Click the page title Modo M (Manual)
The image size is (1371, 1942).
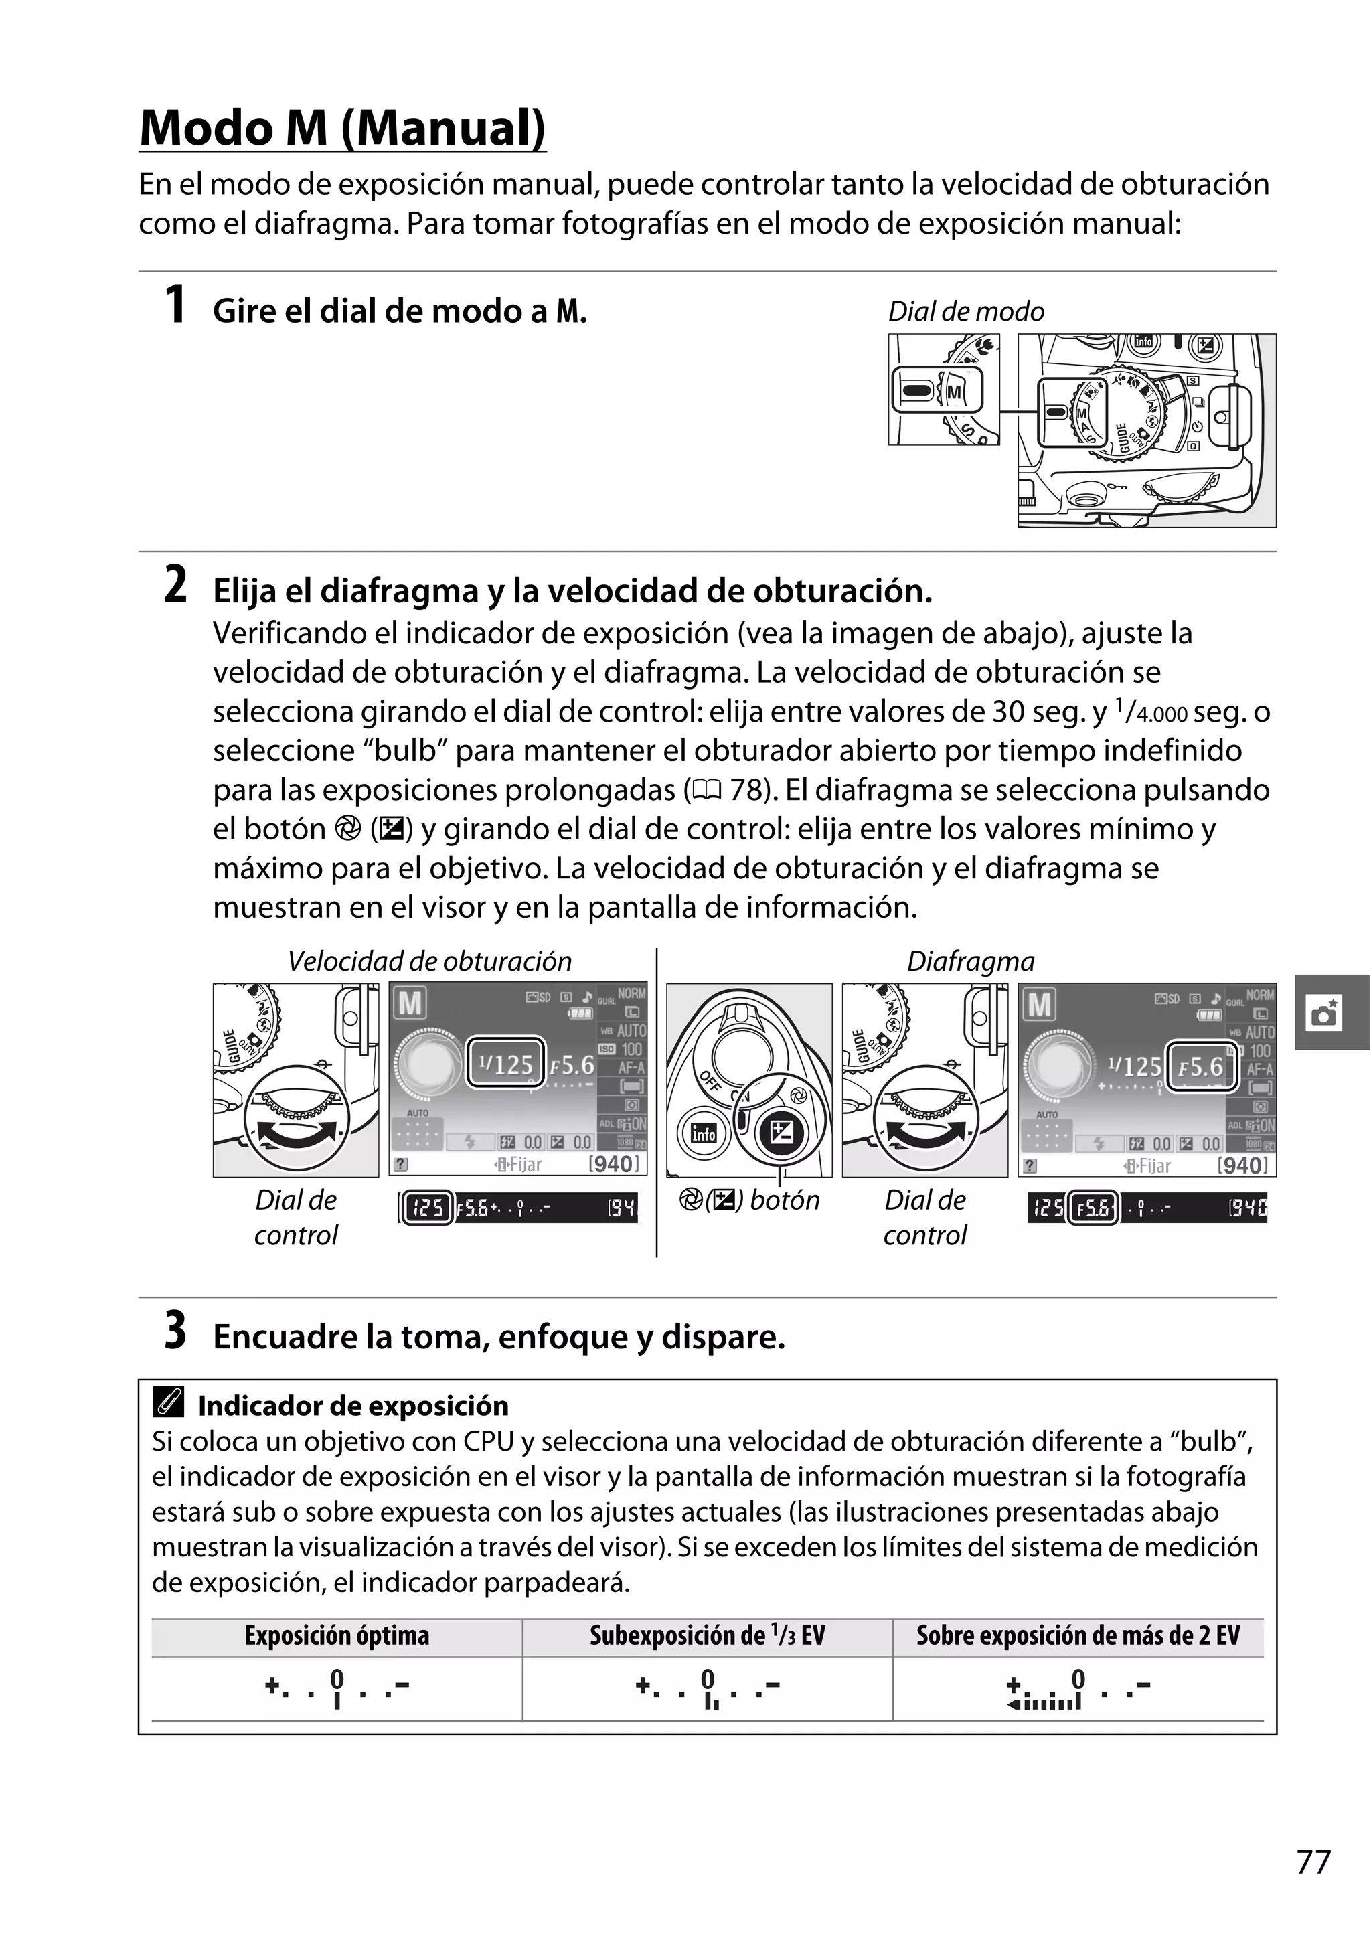pos(343,129)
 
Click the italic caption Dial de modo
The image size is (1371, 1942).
pos(965,311)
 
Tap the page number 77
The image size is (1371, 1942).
pos(1313,1862)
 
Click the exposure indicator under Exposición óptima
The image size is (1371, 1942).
pos(337,1688)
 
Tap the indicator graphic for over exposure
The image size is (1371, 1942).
pos(1078,1689)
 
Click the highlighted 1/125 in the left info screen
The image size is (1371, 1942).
pos(506,1063)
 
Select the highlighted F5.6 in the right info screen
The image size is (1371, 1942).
pos(1202,1066)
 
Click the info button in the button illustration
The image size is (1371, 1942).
pos(703,1132)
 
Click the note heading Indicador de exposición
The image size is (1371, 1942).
pos(353,1406)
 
